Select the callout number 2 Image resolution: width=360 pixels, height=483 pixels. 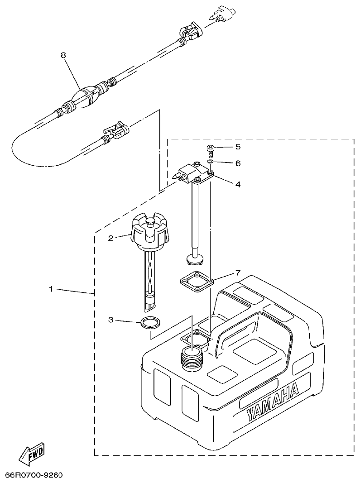110,238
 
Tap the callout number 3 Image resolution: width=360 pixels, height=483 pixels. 110,320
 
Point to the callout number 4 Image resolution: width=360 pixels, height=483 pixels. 238,184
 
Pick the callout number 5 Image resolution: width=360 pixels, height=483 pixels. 238,147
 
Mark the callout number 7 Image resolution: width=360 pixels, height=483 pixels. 238,273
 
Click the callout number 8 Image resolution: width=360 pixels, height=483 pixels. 63,55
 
